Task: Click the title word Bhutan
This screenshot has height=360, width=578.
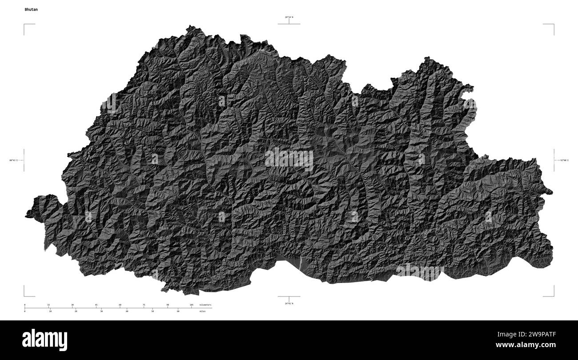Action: coord(31,9)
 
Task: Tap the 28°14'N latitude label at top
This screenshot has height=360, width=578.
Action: coord(289,17)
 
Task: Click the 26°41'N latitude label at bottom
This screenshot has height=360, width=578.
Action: coord(289,303)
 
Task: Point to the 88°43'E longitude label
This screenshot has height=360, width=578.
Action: coord(13,160)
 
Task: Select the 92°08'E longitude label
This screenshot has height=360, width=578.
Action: coord(564,160)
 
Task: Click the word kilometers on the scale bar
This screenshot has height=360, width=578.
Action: coord(205,305)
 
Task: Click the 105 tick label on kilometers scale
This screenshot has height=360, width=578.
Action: coord(191,305)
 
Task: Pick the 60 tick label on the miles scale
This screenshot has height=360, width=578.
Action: coord(178,311)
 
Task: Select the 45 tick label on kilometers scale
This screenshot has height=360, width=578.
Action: coord(96,305)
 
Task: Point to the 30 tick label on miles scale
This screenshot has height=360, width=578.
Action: coord(101,311)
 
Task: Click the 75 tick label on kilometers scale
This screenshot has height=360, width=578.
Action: coord(144,305)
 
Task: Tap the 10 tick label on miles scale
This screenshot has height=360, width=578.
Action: coord(50,311)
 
